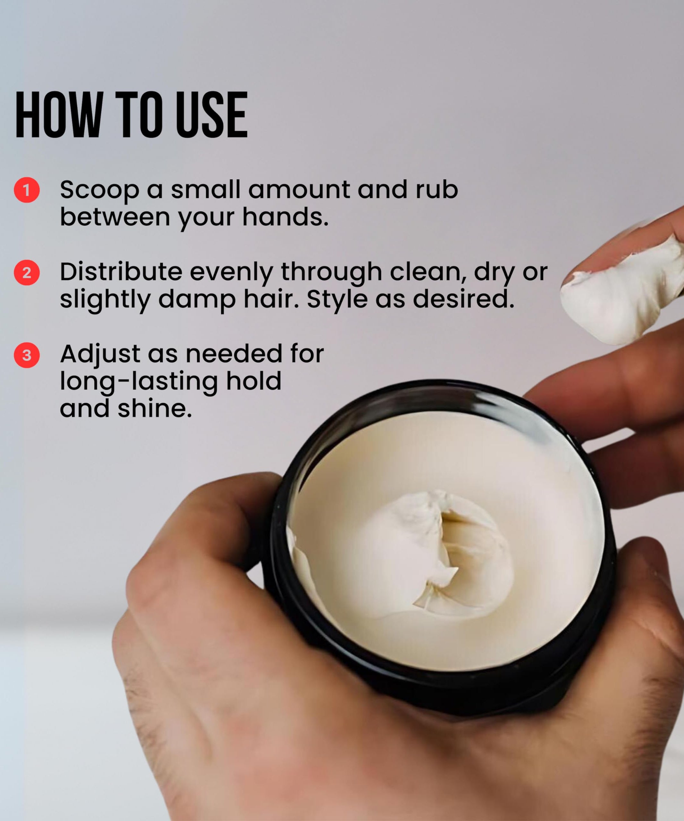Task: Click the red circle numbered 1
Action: (27, 190)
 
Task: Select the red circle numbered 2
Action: (27, 273)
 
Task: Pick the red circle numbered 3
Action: (27, 355)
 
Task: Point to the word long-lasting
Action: (139, 382)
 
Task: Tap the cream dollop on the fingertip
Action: (621, 297)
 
